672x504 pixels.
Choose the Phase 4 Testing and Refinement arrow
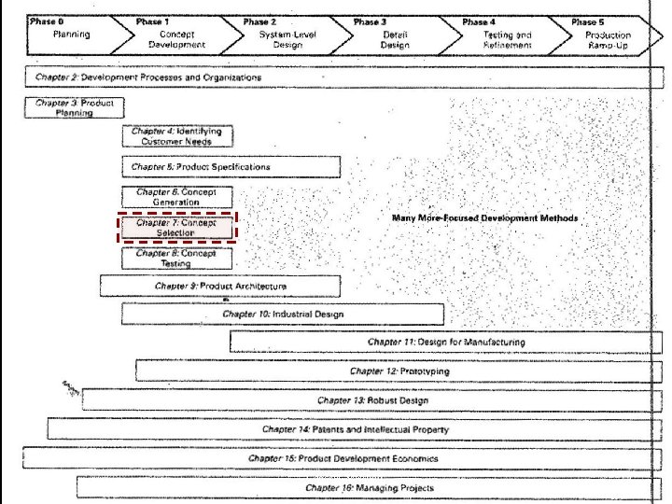coord(505,35)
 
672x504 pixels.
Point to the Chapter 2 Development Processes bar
coord(336,78)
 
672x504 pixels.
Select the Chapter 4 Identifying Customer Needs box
coord(176,136)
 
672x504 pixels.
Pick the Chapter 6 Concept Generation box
coord(176,197)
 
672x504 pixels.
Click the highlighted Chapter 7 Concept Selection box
coord(177,228)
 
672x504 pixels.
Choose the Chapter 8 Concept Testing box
coord(176,258)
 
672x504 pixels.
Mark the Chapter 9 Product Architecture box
coord(220,287)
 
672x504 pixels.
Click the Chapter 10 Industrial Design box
coord(283,315)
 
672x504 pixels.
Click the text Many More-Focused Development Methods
coord(484,218)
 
